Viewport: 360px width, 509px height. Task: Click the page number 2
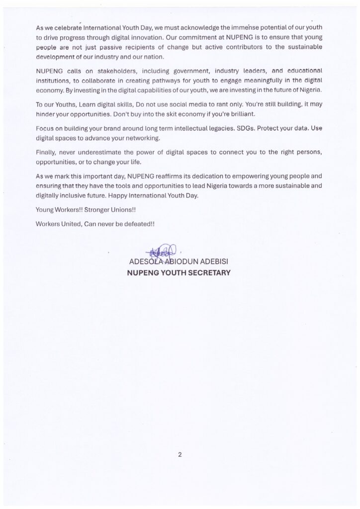point(180,454)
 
